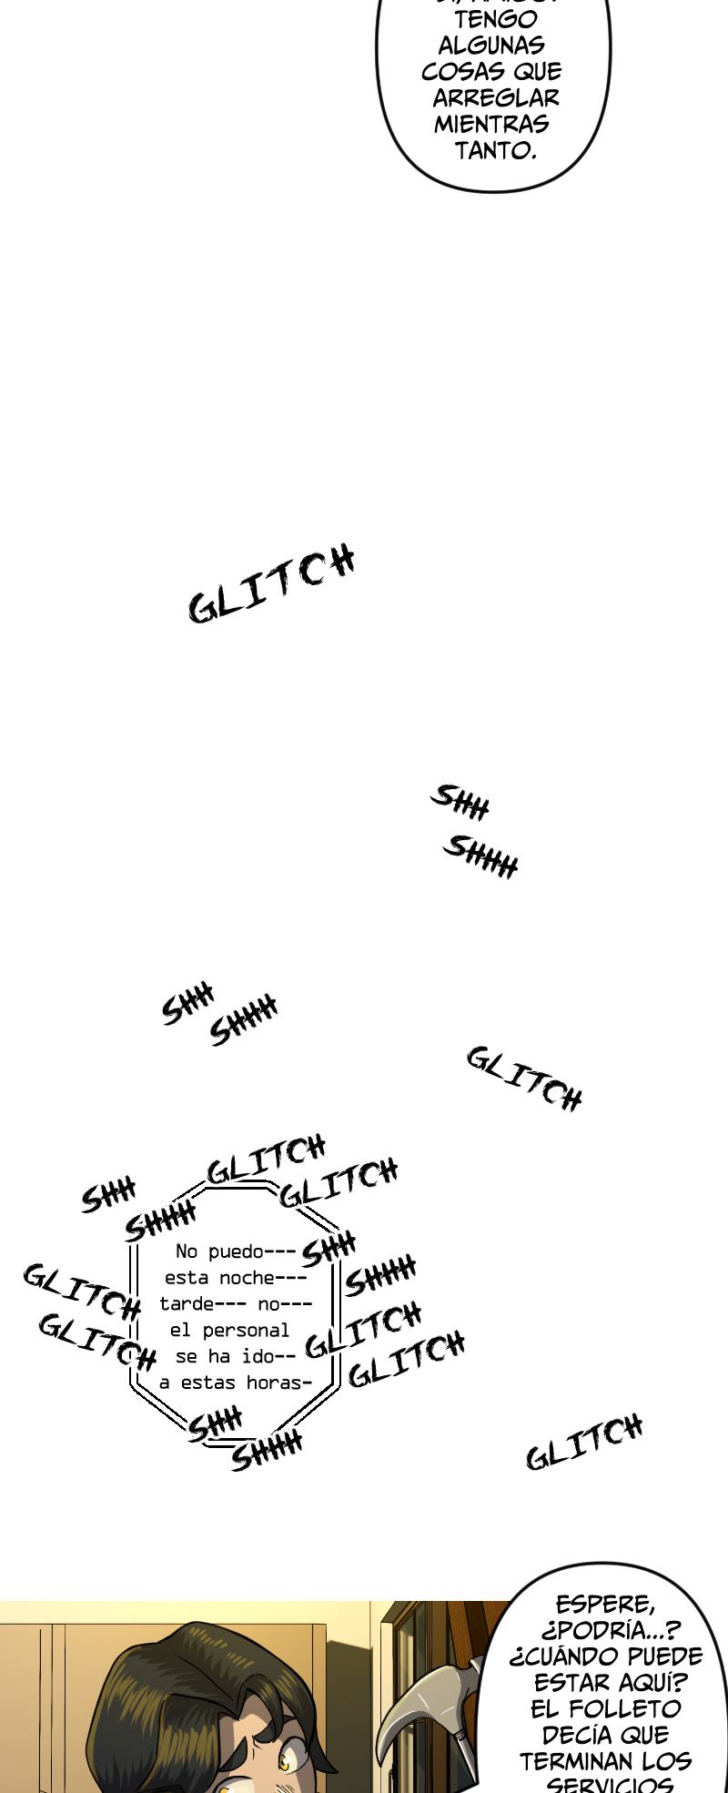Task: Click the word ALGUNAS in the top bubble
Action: click(x=491, y=46)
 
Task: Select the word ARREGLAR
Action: click(x=496, y=98)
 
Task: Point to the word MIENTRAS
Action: click(x=491, y=125)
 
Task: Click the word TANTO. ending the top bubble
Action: click(x=495, y=151)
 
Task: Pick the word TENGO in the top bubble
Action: click(x=495, y=19)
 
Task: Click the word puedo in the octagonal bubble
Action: click(x=236, y=1251)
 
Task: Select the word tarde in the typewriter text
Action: click(x=187, y=1304)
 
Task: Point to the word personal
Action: click(x=246, y=1331)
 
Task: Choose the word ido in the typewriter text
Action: click(x=258, y=1357)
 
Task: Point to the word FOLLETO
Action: click(x=625, y=1709)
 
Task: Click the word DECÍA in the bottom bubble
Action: click(x=571, y=1736)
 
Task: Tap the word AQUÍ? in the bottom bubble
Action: click(x=650, y=1684)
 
